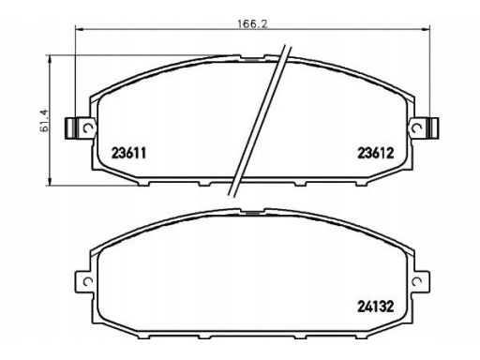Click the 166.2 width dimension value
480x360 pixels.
pyautogui.click(x=253, y=23)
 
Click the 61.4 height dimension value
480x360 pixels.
pyautogui.click(x=45, y=120)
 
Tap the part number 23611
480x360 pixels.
pyautogui.click(x=128, y=154)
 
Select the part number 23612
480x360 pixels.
pyautogui.click(x=376, y=153)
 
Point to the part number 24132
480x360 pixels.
pyautogui.click(x=375, y=307)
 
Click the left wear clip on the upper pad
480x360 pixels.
pyautogui.click(x=70, y=127)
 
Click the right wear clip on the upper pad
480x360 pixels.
pyautogui.click(x=433, y=127)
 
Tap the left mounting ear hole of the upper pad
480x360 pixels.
pyautogui.click(x=88, y=127)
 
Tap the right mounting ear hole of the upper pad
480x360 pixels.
pyautogui.click(x=416, y=127)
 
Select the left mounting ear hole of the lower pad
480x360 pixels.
pyautogui.click(x=88, y=281)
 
